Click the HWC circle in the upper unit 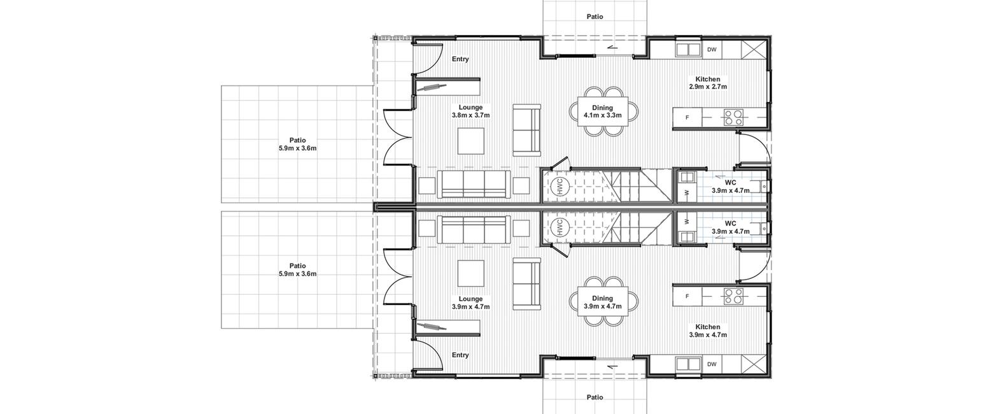pos(559,187)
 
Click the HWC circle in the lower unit pos(559,227)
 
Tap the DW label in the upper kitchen pos(712,50)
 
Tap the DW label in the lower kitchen pos(712,364)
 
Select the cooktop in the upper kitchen pos(733,118)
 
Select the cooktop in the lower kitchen pos(733,296)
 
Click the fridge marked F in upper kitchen pos(687,118)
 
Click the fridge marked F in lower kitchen pos(687,296)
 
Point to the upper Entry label pos(460,59)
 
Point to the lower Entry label pos(460,355)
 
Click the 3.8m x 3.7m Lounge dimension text pos(471,115)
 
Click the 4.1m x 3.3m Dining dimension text pos(602,115)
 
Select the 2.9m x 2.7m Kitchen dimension pos(708,87)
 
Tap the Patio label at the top pos(595,17)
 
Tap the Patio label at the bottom pos(595,397)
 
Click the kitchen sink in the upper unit pos(688,50)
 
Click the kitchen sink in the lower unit pos(688,364)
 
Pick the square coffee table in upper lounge pos(471,141)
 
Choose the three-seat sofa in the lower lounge pos(474,229)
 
